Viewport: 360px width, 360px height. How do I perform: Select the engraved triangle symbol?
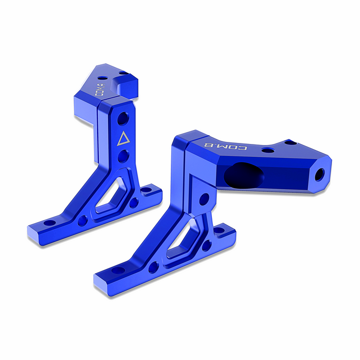(122, 139)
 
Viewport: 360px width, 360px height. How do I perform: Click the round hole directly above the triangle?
(123, 119)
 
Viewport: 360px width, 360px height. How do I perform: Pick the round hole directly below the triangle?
(122, 156)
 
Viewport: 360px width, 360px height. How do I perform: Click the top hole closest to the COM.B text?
(267, 150)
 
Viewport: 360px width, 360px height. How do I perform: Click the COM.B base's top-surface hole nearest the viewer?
(118, 269)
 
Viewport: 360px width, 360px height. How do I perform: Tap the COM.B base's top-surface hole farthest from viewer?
(219, 230)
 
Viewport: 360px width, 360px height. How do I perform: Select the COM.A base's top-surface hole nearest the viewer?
(49, 223)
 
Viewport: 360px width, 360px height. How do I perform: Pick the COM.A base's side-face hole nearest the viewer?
(82, 221)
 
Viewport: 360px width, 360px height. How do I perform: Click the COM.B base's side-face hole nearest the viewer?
(153, 267)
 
